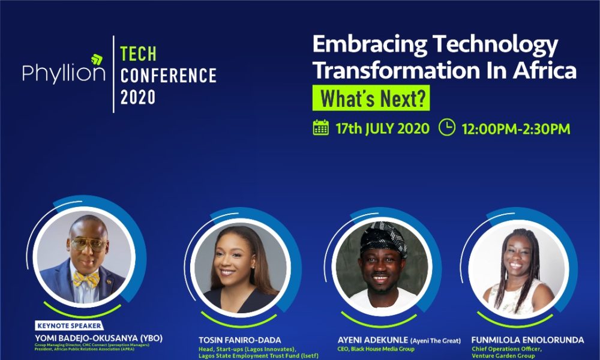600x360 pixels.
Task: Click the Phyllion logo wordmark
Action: click(x=64, y=73)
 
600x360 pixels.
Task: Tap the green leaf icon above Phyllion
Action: click(x=97, y=60)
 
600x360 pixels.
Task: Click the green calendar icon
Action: click(x=321, y=128)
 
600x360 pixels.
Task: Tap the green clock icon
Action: click(x=447, y=127)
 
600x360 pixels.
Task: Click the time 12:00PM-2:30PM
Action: click(x=515, y=128)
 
